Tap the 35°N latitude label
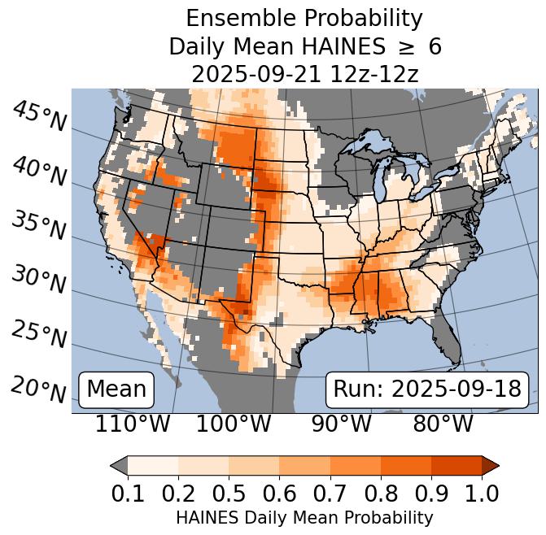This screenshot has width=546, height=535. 39,225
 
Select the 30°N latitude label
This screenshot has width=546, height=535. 39,281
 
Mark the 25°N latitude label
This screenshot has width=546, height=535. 39,334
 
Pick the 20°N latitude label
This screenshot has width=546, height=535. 39,389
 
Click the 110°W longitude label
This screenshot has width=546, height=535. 133,424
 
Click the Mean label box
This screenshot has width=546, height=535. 116,389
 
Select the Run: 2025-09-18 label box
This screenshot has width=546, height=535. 427,389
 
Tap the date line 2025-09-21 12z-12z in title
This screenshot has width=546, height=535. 304,74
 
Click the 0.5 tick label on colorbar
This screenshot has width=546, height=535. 229,493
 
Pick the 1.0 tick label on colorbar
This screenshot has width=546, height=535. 482,493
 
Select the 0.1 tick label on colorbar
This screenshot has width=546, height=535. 128,493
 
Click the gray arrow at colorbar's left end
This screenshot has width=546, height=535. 119,465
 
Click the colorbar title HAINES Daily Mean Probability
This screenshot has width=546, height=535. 304,518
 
